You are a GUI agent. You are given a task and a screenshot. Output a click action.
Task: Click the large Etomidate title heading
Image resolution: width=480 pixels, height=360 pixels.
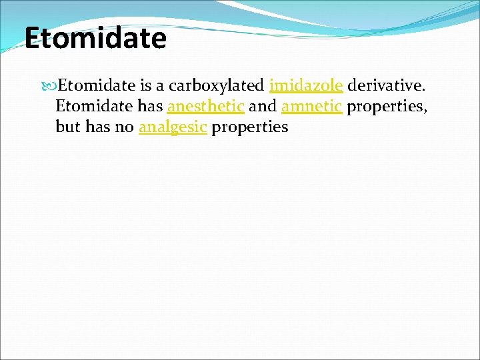[x=95, y=38]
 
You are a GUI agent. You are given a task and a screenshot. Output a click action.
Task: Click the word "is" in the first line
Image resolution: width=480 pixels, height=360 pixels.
[x=147, y=86]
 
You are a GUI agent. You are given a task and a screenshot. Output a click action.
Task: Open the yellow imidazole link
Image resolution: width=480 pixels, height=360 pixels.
[x=306, y=86]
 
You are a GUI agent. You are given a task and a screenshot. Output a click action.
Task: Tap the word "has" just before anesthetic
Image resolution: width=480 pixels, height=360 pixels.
[x=151, y=106]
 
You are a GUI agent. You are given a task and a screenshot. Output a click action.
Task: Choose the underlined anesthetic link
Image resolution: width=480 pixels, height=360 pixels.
[x=205, y=106]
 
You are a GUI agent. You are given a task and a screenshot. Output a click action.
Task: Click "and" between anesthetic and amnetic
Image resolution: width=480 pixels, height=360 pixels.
[x=263, y=106]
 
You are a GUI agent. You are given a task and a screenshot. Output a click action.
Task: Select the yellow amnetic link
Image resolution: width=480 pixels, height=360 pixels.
[x=312, y=106]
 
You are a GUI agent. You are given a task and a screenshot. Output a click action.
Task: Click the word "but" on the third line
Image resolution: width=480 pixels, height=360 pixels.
[x=68, y=127]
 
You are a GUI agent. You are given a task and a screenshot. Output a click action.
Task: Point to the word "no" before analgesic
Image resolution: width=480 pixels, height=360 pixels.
[x=125, y=127]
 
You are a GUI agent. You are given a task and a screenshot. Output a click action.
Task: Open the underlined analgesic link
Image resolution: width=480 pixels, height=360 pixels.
[x=173, y=127]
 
